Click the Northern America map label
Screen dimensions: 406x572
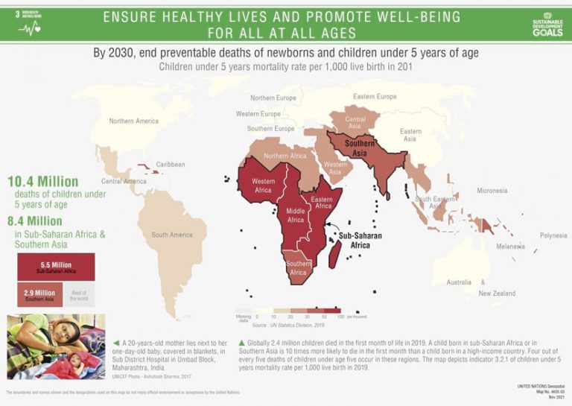click(134, 121)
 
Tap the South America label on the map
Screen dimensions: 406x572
click(172, 235)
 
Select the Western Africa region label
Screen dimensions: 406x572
click(263, 185)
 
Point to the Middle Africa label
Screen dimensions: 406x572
click(296, 215)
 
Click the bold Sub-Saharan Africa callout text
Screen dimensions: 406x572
click(360, 240)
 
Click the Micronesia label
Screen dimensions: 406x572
click(492, 191)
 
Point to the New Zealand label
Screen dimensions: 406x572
click(497, 294)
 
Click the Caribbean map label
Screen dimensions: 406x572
click(171, 165)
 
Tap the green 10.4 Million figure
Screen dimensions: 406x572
click(43, 182)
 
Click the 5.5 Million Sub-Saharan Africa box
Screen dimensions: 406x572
click(56, 267)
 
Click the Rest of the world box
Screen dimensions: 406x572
click(78, 295)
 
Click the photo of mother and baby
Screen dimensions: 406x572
click(56, 346)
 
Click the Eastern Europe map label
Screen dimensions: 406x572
click(375, 97)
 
